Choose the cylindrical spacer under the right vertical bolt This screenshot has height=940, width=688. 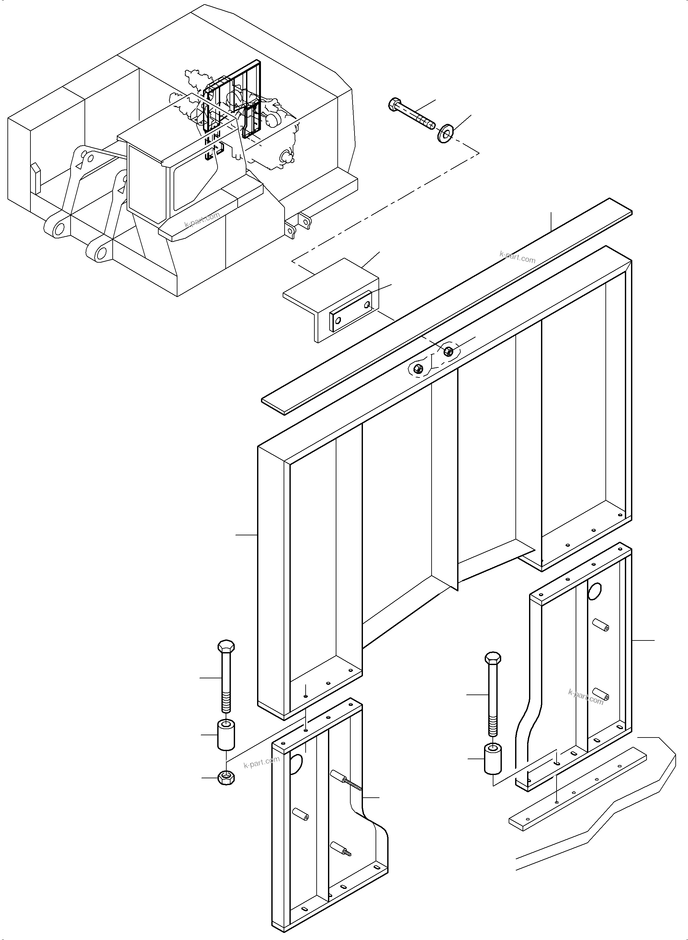click(x=493, y=760)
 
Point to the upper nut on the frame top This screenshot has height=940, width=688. click(x=448, y=350)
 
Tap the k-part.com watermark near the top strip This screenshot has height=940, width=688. click(x=517, y=257)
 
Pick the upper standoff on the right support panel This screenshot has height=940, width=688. click(x=601, y=637)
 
